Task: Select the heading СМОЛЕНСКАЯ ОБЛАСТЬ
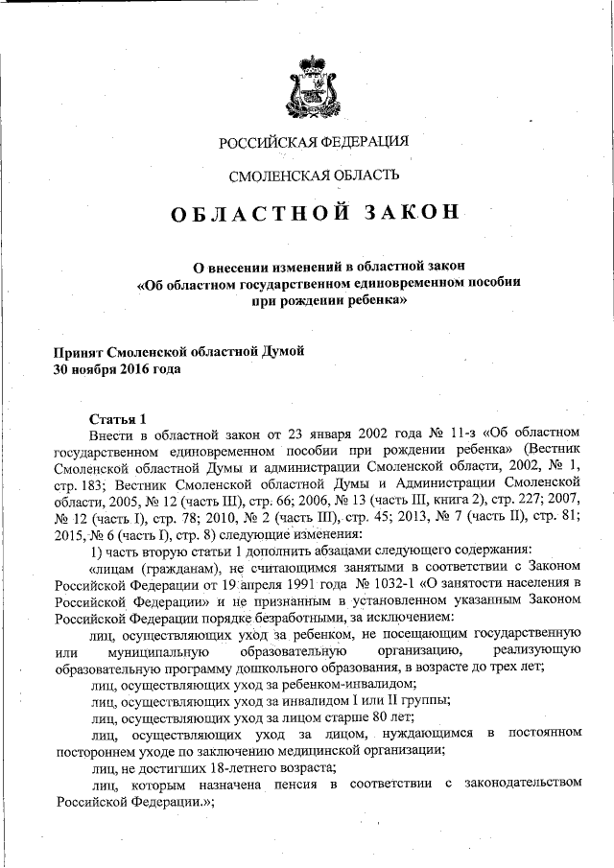(x=314, y=175)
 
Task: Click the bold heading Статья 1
(x=117, y=418)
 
